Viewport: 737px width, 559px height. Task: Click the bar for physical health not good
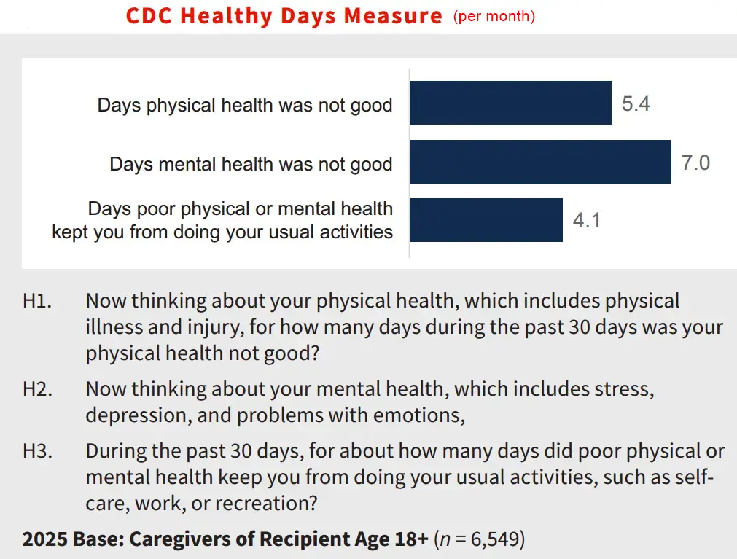click(x=510, y=103)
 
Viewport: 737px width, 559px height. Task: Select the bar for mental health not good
click(x=539, y=162)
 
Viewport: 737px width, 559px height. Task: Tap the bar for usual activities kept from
click(x=486, y=220)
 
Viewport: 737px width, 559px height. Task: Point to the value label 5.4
click(x=636, y=103)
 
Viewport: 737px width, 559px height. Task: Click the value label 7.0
click(x=695, y=163)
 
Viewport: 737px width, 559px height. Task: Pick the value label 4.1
click(x=587, y=220)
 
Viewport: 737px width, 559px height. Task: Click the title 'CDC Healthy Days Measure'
click(x=284, y=16)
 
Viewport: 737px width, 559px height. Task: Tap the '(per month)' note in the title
click(x=494, y=16)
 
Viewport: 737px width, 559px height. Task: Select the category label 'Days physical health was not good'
click(x=245, y=105)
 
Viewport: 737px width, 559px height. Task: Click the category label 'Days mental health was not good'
click(x=251, y=164)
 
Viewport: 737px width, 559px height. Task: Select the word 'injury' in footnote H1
click(x=212, y=327)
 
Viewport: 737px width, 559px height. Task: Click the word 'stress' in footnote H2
click(x=628, y=389)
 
